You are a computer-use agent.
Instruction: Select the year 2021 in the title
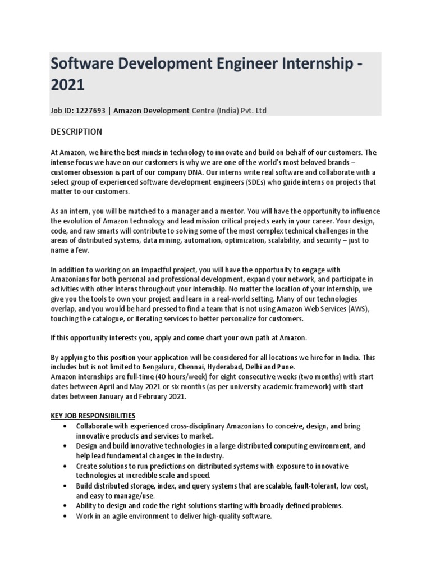[x=67, y=85]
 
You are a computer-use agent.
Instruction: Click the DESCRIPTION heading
[x=76, y=132]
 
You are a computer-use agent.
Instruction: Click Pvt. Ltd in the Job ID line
[x=254, y=111]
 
